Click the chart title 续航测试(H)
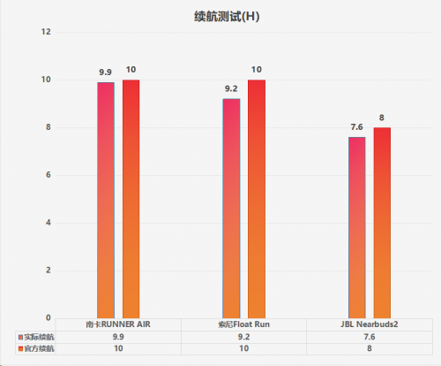227,17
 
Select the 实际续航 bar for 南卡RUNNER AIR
106,200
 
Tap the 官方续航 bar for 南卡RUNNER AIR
131,199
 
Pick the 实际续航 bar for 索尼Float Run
231,209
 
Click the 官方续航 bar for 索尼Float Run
257,199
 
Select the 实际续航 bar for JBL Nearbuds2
357,227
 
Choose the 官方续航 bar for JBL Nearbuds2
382,223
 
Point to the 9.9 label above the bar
105,72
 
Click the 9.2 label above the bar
231,88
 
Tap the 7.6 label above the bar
356,127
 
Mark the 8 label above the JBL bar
382,118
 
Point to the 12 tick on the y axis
46,32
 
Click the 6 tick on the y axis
49,175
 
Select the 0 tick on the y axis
49,318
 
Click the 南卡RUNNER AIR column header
118,324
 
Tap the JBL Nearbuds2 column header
370,324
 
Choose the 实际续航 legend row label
39,337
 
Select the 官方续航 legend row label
39,349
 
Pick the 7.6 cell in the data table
370,337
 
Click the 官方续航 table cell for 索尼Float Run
243,348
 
